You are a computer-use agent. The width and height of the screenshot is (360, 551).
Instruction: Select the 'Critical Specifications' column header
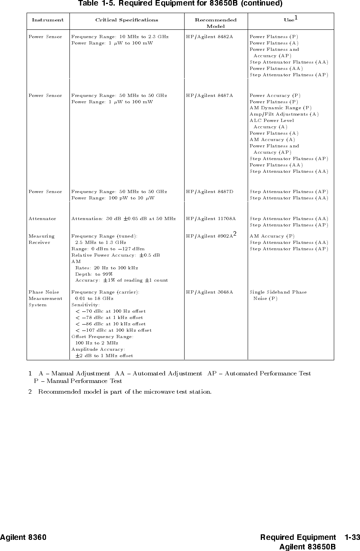pos(126,20)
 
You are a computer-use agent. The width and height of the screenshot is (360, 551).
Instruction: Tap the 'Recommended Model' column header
pos(216,23)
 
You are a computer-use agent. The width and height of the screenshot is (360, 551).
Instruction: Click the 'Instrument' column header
pos(48,20)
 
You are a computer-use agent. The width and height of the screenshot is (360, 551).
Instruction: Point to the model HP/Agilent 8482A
pos(209,37)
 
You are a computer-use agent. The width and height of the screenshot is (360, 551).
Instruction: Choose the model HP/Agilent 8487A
pos(209,96)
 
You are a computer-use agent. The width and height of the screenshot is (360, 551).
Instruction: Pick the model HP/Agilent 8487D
pos(209,192)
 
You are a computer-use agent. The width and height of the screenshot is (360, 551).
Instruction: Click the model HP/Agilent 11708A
pos(211,219)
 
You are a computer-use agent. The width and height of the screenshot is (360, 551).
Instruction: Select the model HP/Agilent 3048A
pos(209,292)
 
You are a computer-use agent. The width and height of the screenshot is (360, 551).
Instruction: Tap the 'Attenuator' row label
pos(42,219)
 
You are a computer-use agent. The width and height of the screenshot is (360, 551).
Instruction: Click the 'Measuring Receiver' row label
pos(41,240)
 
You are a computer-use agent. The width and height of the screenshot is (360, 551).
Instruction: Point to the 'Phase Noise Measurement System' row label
pos(45,299)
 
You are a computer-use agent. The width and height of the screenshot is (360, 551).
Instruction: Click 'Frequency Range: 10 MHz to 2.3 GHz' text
pos(119,37)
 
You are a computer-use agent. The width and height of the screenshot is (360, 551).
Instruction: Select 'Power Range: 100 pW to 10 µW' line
pos(113,198)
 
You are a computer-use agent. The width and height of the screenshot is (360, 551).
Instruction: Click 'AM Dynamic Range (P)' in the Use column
pos(280,108)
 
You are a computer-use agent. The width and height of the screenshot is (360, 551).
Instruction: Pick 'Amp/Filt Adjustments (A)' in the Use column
pos(284,114)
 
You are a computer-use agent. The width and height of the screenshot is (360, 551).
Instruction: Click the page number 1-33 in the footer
pos(352,538)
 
